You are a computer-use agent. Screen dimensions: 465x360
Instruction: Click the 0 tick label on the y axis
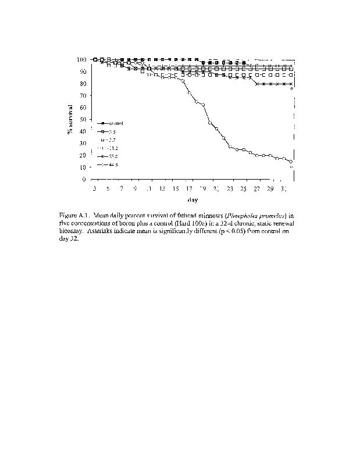[x=85, y=179]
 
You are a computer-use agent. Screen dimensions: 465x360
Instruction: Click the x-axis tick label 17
[x=188, y=189]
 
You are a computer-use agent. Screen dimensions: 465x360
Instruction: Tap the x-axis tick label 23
[x=230, y=189]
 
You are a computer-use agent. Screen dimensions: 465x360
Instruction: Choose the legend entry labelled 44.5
[x=112, y=165]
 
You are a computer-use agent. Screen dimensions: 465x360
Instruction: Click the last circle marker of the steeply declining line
[x=290, y=162]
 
